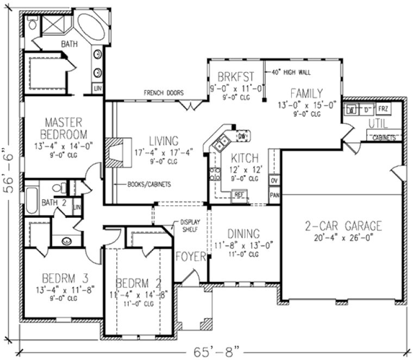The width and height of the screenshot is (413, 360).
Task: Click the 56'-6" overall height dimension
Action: (8, 169)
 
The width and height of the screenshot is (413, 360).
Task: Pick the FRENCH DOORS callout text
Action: (164, 93)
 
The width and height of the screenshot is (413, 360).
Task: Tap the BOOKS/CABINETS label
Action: (149, 185)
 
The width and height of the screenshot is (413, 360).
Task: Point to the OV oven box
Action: (274, 181)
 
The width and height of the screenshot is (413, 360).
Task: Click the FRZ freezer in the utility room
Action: (383, 109)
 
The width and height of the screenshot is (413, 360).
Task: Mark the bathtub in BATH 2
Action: (31, 200)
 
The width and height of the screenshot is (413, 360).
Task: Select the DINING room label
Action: (243, 234)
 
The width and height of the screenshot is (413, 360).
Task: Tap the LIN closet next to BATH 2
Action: (77, 207)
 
